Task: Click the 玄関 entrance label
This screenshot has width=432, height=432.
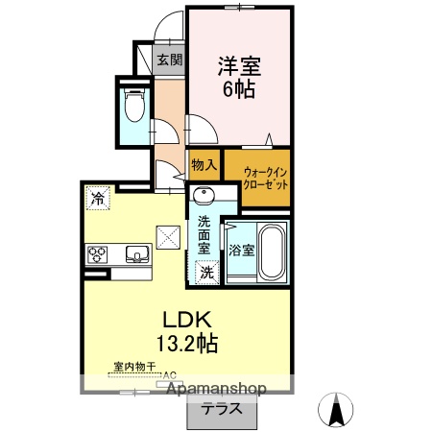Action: (170, 60)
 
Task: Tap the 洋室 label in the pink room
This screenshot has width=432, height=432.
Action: (239, 66)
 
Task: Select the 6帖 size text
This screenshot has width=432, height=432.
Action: (239, 90)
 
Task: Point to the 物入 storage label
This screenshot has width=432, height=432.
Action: (204, 164)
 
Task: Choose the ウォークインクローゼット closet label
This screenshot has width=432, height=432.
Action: (257, 176)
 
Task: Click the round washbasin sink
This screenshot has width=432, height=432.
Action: (203, 198)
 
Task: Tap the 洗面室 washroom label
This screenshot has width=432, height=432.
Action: (205, 234)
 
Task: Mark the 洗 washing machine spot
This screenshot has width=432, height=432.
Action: (206, 272)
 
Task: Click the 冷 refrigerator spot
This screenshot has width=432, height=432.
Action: (97, 198)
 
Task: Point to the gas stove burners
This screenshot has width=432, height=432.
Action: (97, 254)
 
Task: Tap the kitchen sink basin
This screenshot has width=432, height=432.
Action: (136, 254)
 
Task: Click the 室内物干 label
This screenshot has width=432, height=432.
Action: (134, 368)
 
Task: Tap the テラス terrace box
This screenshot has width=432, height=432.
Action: (221, 408)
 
